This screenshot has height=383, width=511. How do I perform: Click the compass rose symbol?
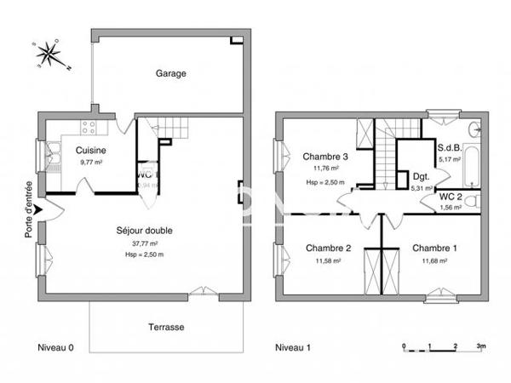click(x=49, y=54)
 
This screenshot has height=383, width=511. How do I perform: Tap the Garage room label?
click(x=170, y=73)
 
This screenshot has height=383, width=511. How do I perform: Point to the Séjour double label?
click(x=142, y=230)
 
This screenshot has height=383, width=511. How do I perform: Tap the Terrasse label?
click(x=165, y=327)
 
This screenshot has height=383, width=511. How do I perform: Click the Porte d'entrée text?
click(x=29, y=209)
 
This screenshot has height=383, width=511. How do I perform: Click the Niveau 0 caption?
click(x=56, y=348)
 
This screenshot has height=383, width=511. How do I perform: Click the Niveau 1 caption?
click(x=293, y=348)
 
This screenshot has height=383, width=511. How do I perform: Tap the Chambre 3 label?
click(x=325, y=157)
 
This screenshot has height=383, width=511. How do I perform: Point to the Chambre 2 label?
click(x=328, y=249)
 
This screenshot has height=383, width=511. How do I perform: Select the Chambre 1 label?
click(x=434, y=249)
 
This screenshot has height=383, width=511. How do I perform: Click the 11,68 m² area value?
click(x=434, y=260)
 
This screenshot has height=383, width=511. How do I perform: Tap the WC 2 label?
click(x=450, y=196)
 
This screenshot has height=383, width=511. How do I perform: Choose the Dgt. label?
click(x=422, y=178)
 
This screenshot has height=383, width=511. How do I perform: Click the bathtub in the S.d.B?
click(x=474, y=166)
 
